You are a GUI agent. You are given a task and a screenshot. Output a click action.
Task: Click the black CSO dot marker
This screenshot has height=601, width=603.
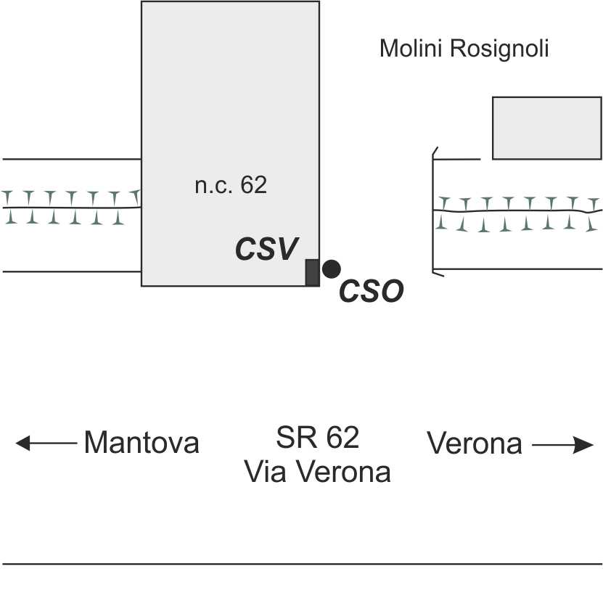(x=331, y=269)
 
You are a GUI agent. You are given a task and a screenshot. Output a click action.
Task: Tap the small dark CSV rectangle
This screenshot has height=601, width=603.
(x=312, y=272)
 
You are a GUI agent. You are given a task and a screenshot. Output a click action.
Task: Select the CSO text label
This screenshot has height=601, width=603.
(x=371, y=292)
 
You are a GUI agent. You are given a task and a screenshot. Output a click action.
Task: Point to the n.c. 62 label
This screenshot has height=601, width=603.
(x=231, y=186)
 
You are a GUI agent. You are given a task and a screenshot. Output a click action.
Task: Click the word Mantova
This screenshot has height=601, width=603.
(x=141, y=442)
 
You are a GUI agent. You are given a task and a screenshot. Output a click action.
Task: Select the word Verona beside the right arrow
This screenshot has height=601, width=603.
(x=475, y=443)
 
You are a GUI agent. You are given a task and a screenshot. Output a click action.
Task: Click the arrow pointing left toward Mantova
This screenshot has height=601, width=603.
(x=46, y=442)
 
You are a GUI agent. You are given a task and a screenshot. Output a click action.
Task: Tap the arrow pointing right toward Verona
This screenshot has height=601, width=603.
(x=563, y=444)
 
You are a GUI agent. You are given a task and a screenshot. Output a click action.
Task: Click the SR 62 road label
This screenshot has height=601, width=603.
(x=318, y=438)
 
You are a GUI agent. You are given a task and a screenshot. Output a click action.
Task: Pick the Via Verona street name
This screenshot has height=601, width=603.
(x=318, y=472)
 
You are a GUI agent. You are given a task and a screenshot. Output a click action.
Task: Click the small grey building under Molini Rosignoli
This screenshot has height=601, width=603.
(x=546, y=128)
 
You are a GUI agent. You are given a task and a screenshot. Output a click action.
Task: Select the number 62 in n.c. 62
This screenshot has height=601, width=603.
(x=254, y=186)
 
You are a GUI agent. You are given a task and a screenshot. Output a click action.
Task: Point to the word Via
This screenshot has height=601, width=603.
(x=264, y=472)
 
